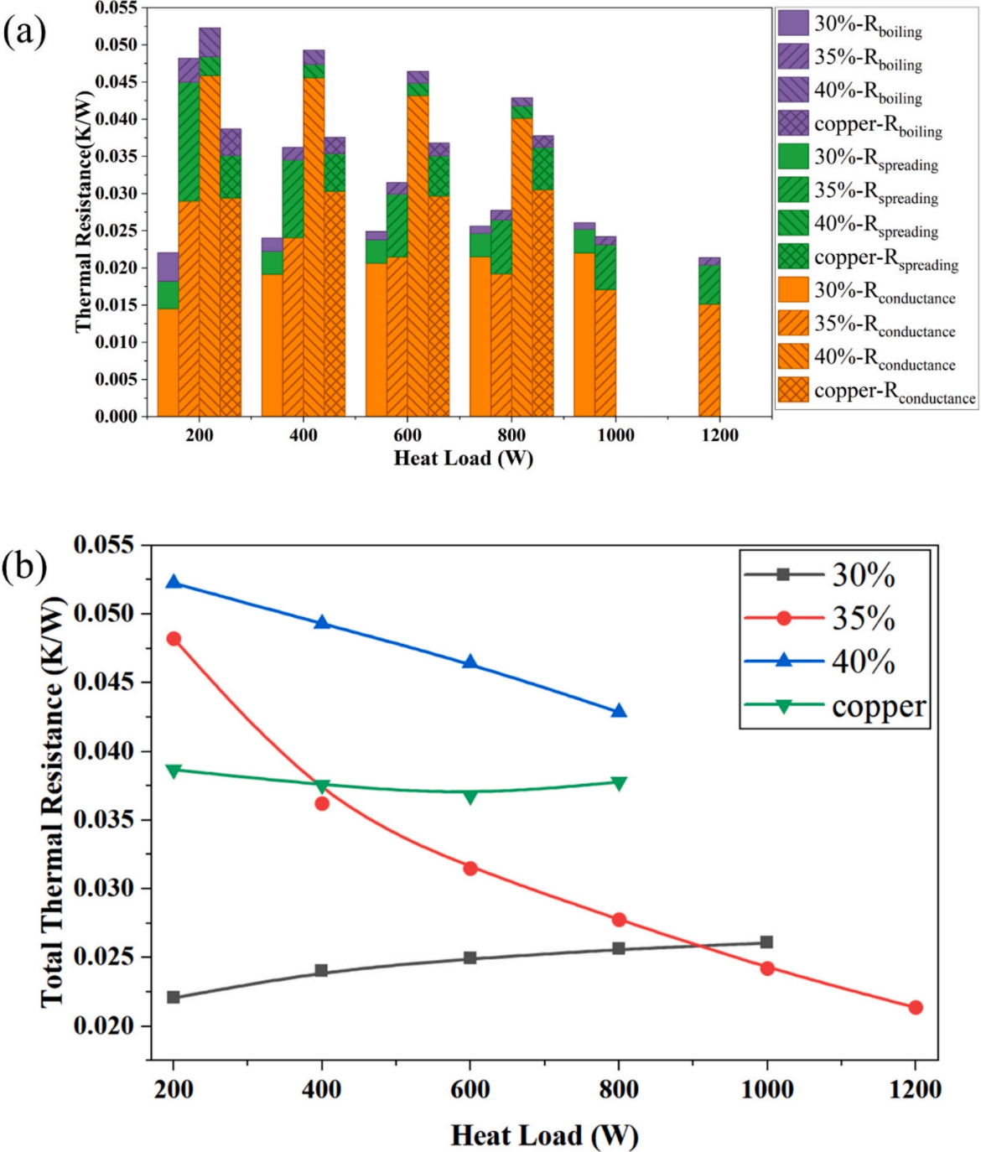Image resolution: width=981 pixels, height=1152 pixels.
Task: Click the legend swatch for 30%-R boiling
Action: pyautogui.click(x=793, y=23)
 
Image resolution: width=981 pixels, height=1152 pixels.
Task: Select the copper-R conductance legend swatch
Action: pyautogui.click(x=793, y=390)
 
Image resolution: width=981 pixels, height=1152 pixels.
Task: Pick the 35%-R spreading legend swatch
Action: pyautogui.click(x=793, y=190)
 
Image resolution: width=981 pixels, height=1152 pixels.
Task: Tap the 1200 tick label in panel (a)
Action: pyautogui.click(x=719, y=435)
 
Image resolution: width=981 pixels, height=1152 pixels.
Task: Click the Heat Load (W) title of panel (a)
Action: pyautogui.click(x=463, y=458)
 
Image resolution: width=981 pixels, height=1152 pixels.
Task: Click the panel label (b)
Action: pyautogui.click(x=24, y=567)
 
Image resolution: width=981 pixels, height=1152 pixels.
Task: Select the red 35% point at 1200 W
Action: pyautogui.click(x=915, y=1007)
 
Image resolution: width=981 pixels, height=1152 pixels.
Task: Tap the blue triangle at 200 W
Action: pyautogui.click(x=174, y=582)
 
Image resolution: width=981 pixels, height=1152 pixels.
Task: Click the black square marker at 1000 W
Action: pyautogui.click(x=766, y=942)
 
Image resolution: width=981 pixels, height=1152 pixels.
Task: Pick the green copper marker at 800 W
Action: pyautogui.click(x=619, y=783)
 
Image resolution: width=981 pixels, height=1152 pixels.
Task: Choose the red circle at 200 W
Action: pyautogui.click(x=174, y=639)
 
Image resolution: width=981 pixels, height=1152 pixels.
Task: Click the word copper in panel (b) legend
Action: pyautogui.click(x=879, y=706)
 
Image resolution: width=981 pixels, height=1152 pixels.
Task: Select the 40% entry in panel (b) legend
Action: pyautogui.click(x=863, y=662)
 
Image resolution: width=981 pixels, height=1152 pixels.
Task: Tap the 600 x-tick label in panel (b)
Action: pyautogui.click(x=470, y=1089)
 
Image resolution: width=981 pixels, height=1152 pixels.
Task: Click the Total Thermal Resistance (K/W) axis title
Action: pyautogui.click(x=52, y=802)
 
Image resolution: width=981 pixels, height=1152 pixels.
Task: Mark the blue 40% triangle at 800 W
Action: pyautogui.click(x=619, y=711)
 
